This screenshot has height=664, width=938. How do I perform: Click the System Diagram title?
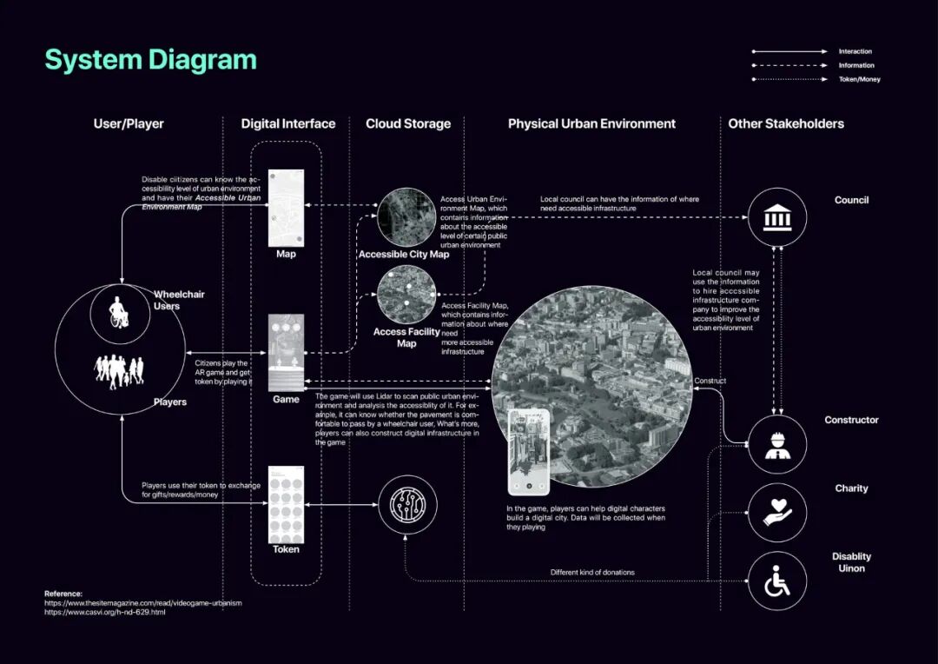click(150, 60)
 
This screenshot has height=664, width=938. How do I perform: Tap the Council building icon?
click(777, 216)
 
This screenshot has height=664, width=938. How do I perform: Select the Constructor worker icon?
click(777, 444)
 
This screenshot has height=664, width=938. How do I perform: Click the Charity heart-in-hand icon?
click(777, 512)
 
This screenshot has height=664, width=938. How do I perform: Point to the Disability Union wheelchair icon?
click(777, 581)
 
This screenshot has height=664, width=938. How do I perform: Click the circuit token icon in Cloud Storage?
click(407, 505)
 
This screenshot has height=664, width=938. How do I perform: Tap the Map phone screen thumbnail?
click(286, 208)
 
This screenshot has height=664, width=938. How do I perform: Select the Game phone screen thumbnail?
click(286, 352)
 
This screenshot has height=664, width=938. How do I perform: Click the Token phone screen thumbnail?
click(286, 503)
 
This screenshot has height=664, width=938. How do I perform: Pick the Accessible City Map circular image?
click(406, 217)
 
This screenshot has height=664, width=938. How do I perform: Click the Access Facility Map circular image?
click(406, 295)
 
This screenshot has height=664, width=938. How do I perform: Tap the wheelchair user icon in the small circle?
click(119, 313)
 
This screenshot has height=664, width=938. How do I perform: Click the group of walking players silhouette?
click(119, 372)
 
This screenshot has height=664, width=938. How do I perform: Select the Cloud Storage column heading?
click(408, 123)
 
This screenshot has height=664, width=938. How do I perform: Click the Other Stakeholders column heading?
click(786, 123)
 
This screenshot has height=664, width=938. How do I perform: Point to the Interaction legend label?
click(855, 51)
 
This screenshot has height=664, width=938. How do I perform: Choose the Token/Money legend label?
click(859, 79)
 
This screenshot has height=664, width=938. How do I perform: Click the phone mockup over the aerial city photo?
click(528, 451)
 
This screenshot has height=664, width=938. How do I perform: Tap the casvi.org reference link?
click(105, 612)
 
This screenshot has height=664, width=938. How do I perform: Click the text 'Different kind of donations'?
click(592, 572)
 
